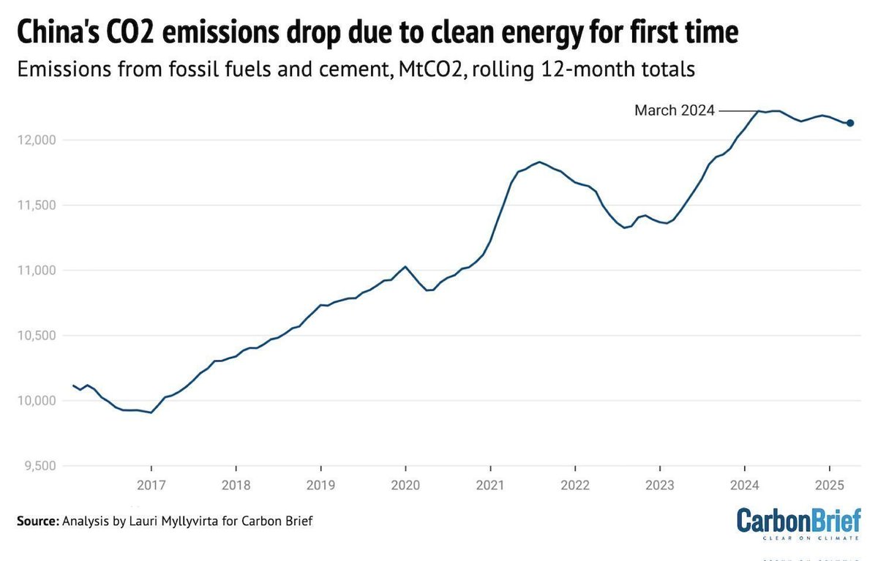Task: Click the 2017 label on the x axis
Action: (151, 486)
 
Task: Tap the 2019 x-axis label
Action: (320, 486)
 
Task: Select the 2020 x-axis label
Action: (405, 486)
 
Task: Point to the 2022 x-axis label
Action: (575, 486)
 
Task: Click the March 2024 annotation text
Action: (674, 110)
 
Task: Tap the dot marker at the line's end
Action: (850, 123)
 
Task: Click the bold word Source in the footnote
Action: (37, 522)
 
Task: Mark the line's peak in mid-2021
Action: (539, 162)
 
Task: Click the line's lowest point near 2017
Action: (151, 413)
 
